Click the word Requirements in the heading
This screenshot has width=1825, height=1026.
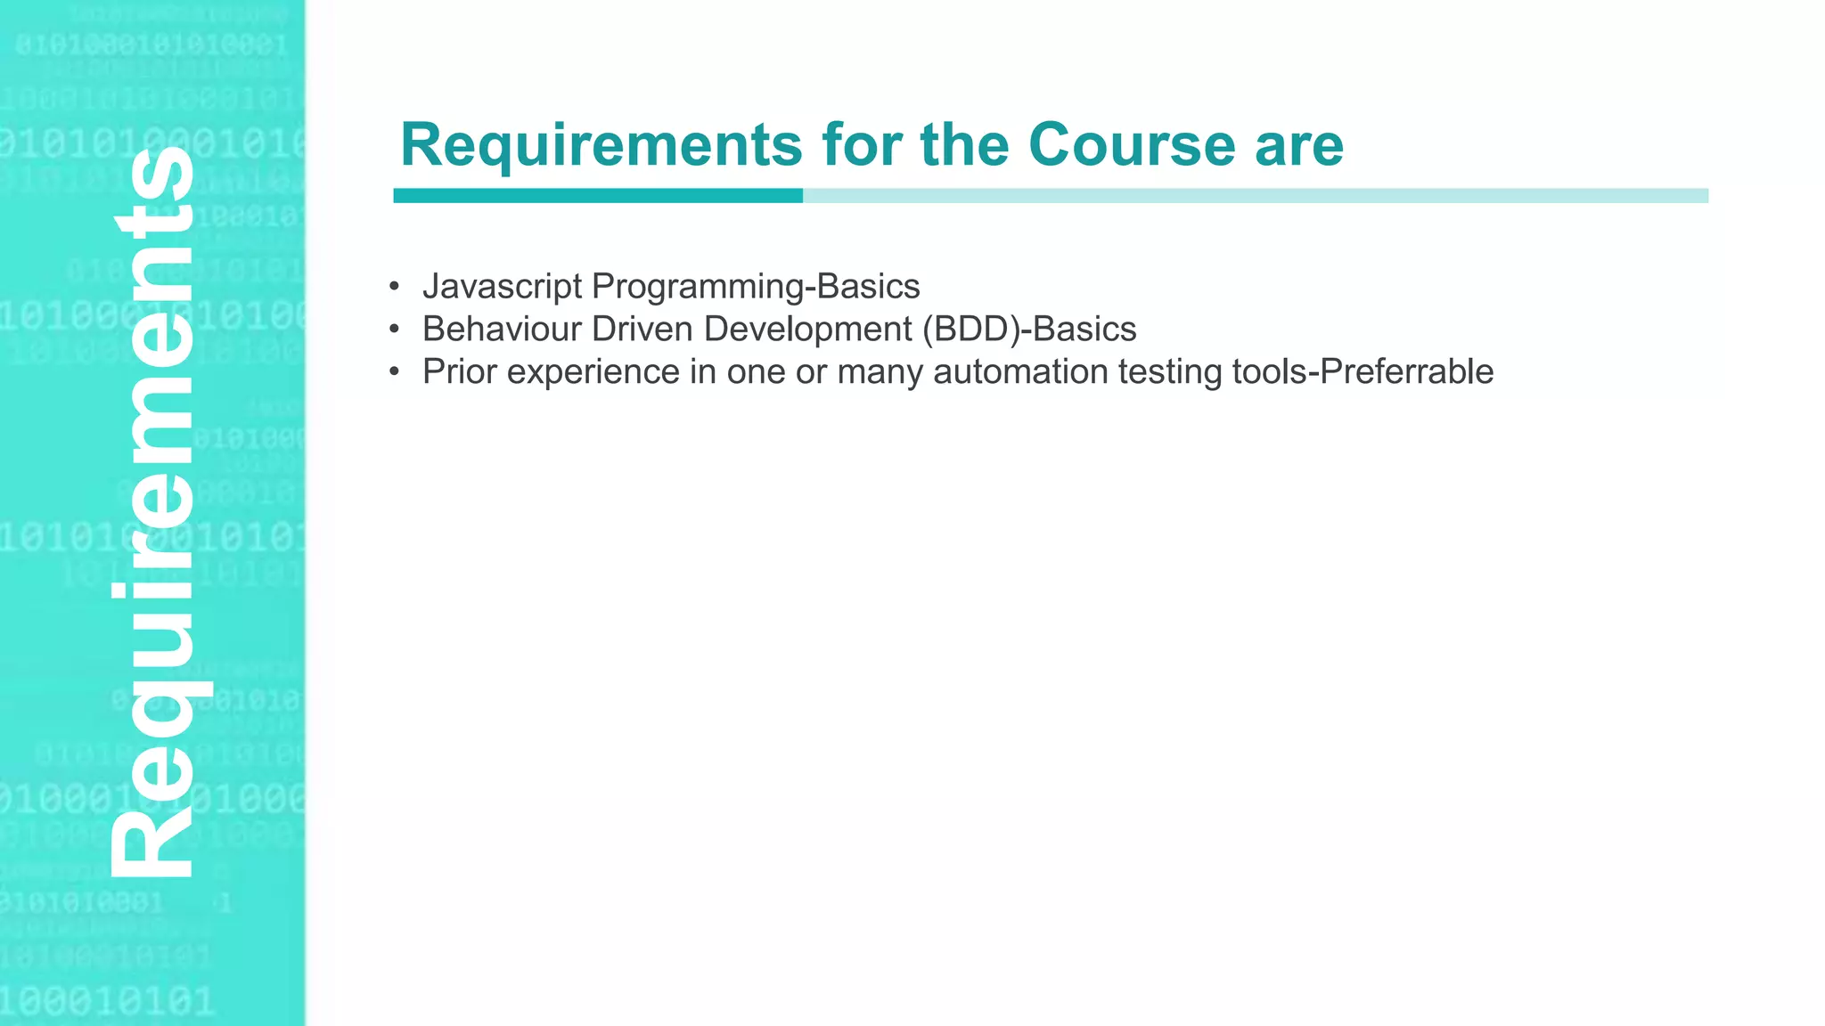602,144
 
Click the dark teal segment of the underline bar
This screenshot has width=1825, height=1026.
597,196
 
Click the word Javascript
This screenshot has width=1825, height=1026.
502,287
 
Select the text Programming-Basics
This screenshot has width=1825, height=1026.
756,287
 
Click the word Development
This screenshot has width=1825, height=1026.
808,330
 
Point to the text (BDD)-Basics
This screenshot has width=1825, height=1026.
1029,330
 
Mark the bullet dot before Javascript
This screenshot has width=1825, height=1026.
394,287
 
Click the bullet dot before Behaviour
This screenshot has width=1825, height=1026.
394,330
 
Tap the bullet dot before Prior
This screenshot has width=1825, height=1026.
394,372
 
